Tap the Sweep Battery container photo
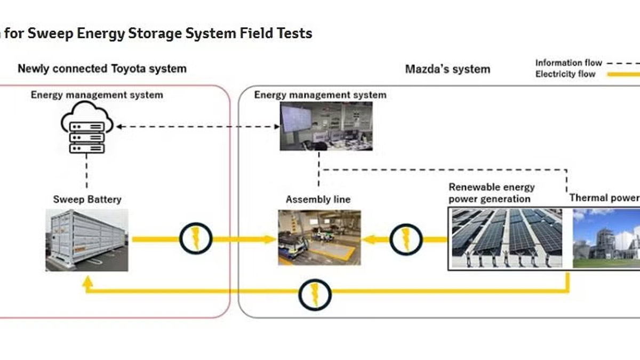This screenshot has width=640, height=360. [x=87, y=240]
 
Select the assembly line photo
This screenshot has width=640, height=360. [x=319, y=237]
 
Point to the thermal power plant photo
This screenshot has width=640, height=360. [x=606, y=237]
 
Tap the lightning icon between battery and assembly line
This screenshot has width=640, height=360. [x=196, y=238]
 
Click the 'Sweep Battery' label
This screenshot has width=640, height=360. [x=87, y=200]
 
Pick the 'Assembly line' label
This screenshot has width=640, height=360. [x=318, y=200]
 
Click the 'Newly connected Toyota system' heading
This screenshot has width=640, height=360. [x=102, y=69]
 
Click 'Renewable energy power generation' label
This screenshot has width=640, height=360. [x=491, y=193]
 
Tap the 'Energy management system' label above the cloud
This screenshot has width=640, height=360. [x=97, y=95]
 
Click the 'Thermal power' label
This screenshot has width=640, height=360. [x=604, y=198]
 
